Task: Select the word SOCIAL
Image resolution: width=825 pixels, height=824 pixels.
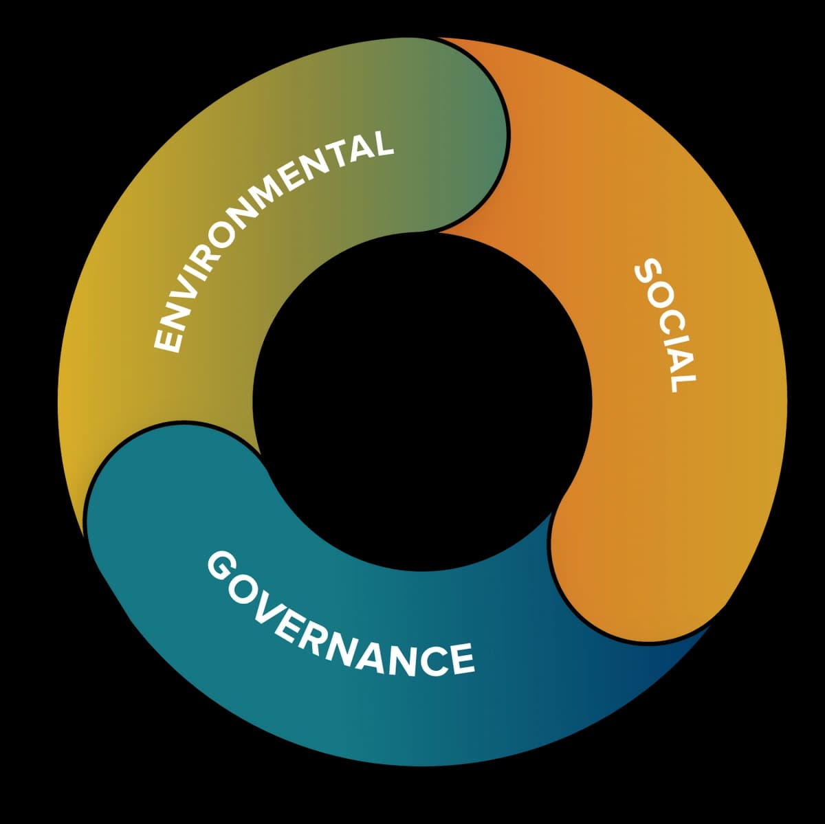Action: click(x=665, y=324)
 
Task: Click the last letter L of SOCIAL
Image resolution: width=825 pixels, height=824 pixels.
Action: click(x=684, y=379)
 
